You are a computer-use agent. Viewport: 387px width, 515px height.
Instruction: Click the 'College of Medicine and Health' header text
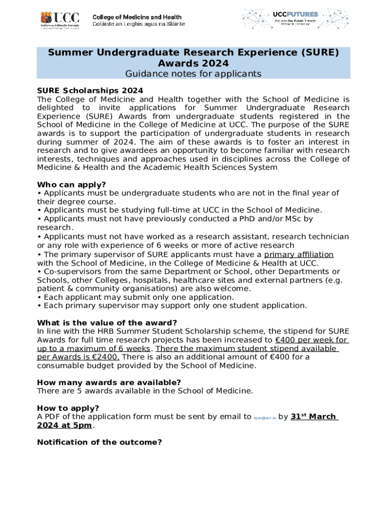click(137, 17)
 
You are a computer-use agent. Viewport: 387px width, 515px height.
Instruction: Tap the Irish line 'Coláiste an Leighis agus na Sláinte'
click(138, 24)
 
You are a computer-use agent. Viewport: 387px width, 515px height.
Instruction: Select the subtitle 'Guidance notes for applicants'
click(193, 74)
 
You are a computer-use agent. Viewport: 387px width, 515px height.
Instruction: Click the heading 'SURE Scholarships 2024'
click(90, 91)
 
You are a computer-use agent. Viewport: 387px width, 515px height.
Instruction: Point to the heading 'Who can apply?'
click(71, 185)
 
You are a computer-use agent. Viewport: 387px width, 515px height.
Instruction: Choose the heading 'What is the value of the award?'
click(107, 322)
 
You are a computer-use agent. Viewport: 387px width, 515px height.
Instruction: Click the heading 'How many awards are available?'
click(109, 382)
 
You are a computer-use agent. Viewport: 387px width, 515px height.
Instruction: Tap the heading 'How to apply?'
click(68, 408)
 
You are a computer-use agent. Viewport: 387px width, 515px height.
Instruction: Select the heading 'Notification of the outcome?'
click(100, 442)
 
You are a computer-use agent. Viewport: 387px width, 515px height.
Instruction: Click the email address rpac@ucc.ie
click(264, 417)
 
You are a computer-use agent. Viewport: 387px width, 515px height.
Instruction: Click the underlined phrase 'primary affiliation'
click(299, 254)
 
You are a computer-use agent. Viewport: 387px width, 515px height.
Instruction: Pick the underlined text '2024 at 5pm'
click(64, 425)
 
